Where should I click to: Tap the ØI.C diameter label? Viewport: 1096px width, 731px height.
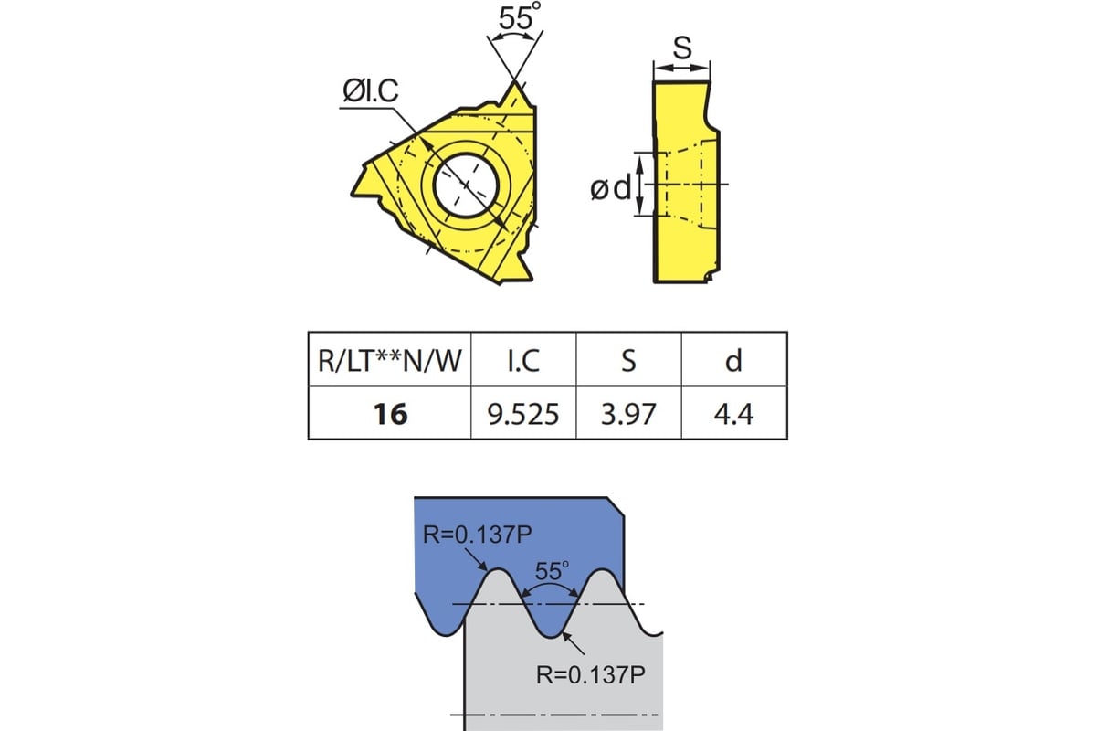369,91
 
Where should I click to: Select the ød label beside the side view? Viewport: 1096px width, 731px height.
610,188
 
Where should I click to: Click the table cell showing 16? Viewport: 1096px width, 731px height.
390,414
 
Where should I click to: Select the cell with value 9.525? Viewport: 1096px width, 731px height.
523,414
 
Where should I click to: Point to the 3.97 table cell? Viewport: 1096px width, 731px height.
628,414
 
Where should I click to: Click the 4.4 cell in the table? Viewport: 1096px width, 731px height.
733,414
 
